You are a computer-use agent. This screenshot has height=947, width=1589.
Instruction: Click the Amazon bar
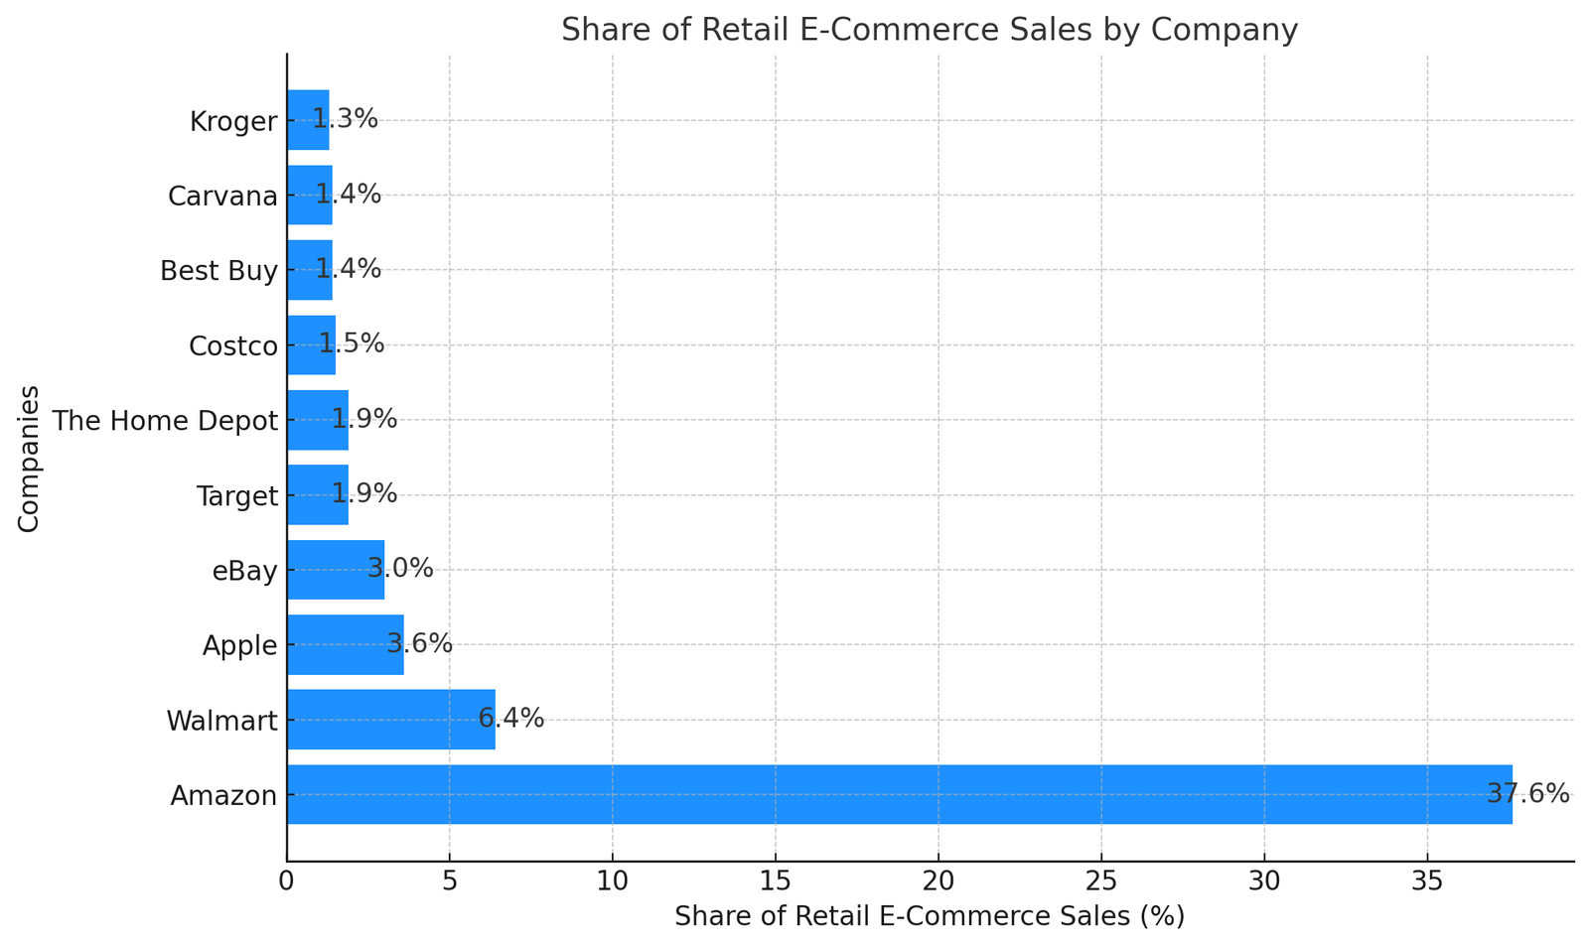tap(899, 794)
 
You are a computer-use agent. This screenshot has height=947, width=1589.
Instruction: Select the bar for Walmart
tap(390, 720)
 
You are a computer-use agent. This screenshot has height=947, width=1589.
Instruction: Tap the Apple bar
tap(345, 644)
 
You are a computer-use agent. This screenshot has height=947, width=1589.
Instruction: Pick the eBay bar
tap(335, 570)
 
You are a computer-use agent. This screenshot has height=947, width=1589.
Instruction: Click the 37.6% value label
tap(1527, 794)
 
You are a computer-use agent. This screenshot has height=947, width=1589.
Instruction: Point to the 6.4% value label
tap(511, 719)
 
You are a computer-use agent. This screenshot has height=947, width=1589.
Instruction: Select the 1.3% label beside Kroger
tap(346, 119)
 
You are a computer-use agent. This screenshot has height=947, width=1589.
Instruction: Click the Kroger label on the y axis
tap(233, 121)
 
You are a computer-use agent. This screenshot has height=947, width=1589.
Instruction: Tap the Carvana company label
tap(222, 196)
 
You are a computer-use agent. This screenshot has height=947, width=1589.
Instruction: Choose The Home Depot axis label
tap(165, 421)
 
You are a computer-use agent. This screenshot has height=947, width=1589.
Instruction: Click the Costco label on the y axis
tap(233, 346)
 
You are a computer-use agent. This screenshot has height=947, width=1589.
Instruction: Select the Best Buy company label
tap(219, 271)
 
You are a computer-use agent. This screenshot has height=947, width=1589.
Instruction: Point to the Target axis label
tap(237, 495)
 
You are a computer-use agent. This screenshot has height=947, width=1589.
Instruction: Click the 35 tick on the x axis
tap(1427, 880)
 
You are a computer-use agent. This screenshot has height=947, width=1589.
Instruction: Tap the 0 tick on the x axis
tap(287, 880)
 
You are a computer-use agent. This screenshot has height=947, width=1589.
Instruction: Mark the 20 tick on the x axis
tap(938, 880)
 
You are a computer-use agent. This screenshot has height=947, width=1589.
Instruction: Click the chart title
tap(930, 30)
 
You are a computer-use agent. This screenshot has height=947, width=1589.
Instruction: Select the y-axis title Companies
tap(29, 459)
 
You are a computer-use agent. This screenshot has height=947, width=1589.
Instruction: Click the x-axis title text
tap(930, 916)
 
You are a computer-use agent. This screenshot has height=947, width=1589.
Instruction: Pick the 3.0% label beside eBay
tap(400, 569)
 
